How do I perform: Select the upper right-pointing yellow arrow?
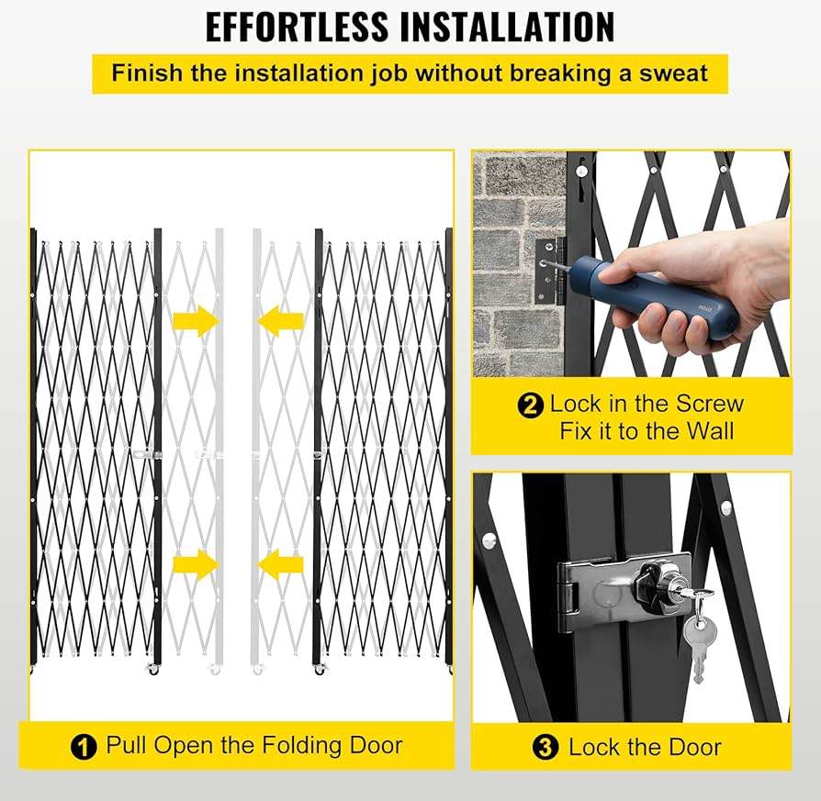pyautogui.click(x=195, y=321)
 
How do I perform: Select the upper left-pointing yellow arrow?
pyautogui.click(x=280, y=321)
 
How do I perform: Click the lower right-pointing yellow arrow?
pyautogui.click(x=195, y=564)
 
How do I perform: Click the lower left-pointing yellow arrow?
pyautogui.click(x=280, y=564)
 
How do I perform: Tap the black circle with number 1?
pyautogui.click(x=84, y=747)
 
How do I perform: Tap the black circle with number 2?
pyautogui.click(x=531, y=405)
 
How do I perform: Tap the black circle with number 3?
pyautogui.click(x=545, y=748)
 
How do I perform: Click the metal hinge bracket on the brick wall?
pyautogui.click(x=548, y=272)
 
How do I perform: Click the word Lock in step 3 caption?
pyautogui.click(x=594, y=748)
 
